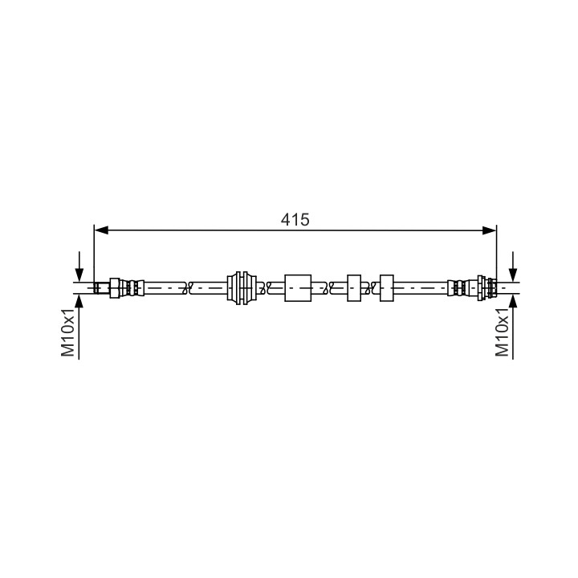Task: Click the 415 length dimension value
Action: pos(295,220)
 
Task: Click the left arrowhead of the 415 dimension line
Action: pos(101,230)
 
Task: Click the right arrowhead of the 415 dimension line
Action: pos(489,230)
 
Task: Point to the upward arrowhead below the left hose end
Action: pos(79,301)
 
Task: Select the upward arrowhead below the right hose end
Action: pos(513,301)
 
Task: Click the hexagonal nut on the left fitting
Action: pos(115,288)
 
